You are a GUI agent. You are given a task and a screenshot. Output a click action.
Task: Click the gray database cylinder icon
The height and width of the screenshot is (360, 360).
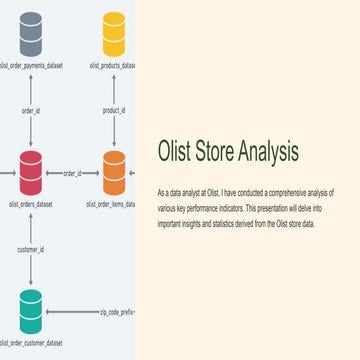click(31, 33)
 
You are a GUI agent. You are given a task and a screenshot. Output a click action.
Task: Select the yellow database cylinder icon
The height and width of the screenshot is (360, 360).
click(113, 33)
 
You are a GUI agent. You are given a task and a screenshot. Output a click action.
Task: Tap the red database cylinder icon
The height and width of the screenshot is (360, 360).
click(31, 170)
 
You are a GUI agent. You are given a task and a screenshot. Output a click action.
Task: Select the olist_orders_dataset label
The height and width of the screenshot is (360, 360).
click(31, 204)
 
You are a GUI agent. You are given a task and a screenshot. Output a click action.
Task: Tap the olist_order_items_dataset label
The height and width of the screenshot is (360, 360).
click(113, 204)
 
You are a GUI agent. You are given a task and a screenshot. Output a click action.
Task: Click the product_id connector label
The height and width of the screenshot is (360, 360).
click(113, 111)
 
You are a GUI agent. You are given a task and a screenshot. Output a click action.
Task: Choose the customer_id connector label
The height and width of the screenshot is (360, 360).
click(31, 248)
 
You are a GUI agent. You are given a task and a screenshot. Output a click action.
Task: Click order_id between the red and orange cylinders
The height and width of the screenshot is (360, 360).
click(73, 173)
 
